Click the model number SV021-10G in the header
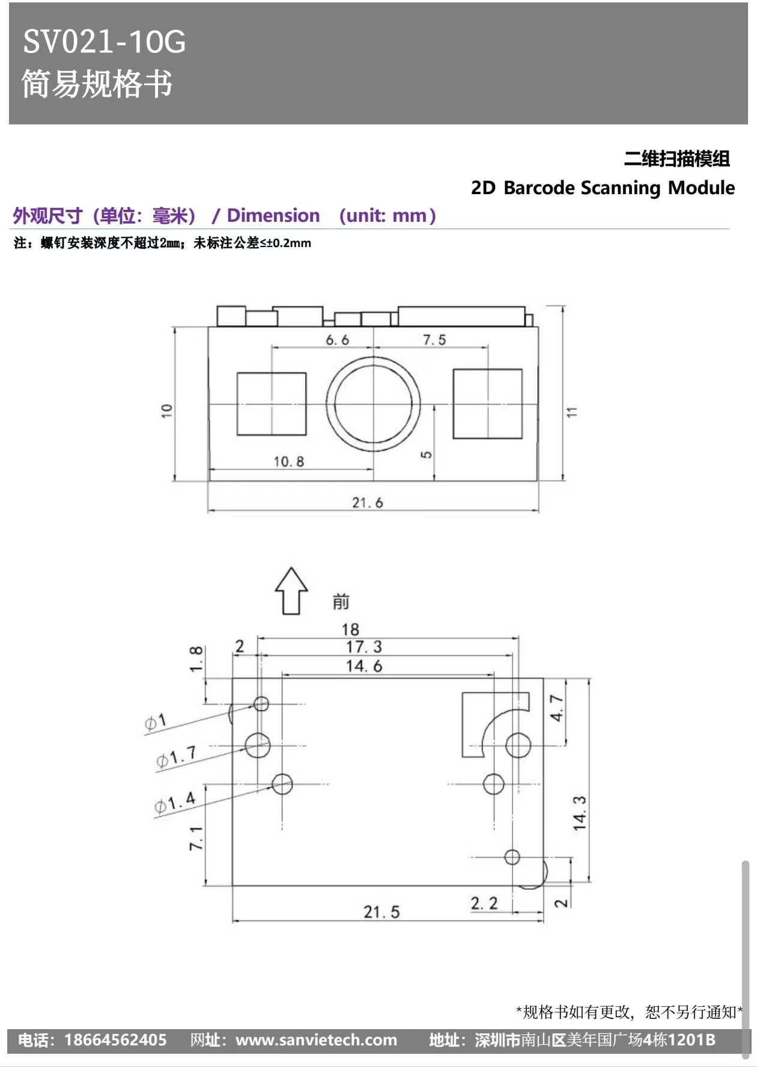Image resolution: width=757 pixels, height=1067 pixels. [x=105, y=42]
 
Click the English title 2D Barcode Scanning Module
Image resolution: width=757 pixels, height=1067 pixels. [x=603, y=188]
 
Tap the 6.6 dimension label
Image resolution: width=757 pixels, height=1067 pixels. [x=337, y=340]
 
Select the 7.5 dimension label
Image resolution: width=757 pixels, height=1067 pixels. [x=434, y=340]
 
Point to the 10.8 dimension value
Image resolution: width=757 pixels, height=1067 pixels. [x=289, y=462]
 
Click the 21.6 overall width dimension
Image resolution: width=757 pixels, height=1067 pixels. [x=368, y=503]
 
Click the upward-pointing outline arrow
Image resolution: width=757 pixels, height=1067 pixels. [x=291, y=591]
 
